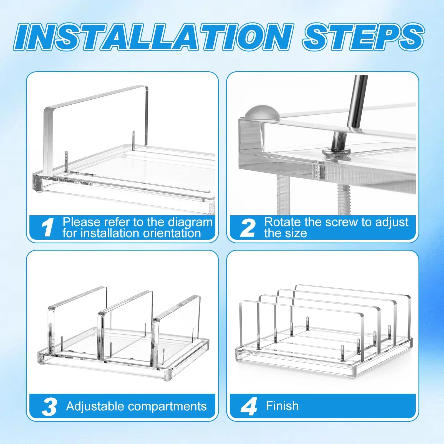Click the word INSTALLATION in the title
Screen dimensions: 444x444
pyautogui.click(x=153, y=37)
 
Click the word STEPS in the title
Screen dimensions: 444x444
pyautogui.click(x=363, y=37)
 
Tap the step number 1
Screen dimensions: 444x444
pyautogui.click(x=48, y=228)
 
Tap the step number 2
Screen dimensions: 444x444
pyautogui.click(x=248, y=228)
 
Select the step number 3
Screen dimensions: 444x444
pyautogui.click(x=49, y=407)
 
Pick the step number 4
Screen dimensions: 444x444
pyautogui.click(x=249, y=407)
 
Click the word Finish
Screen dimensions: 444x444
pyautogui.click(x=282, y=406)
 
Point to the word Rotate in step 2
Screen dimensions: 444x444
pyautogui.click(x=282, y=222)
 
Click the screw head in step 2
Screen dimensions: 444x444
pyautogui.click(x=336, y=152)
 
